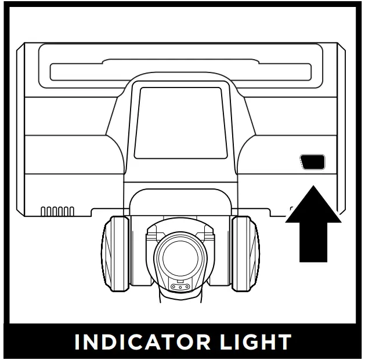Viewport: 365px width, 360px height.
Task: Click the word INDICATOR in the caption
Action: coord(142,341)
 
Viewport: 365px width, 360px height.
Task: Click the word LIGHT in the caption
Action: coord(255,341)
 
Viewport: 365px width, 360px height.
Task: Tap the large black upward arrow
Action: coord(313,224)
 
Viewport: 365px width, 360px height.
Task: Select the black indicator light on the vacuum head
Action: coord(312,162)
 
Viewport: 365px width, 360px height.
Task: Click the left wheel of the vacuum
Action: coord(115,253)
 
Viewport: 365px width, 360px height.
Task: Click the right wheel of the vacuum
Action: coord(245,253)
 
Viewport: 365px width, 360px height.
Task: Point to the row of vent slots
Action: coord(57,211)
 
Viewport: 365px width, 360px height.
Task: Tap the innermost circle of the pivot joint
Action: coord(180,258)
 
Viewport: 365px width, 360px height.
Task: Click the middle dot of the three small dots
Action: coord(180,288)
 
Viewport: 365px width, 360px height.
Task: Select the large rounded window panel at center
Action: coord(180,123)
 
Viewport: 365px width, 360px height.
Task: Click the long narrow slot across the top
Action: coord(180,71)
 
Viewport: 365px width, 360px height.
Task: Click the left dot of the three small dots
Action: coord(174,287)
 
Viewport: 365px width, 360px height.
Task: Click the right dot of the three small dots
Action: coord(187,287)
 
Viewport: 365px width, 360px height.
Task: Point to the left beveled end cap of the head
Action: coord(20,129)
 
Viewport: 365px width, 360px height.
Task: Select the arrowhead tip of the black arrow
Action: coord(313,186)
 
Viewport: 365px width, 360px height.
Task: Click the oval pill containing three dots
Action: coord(180,287)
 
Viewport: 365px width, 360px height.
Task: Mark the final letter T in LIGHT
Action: coord(284,341)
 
